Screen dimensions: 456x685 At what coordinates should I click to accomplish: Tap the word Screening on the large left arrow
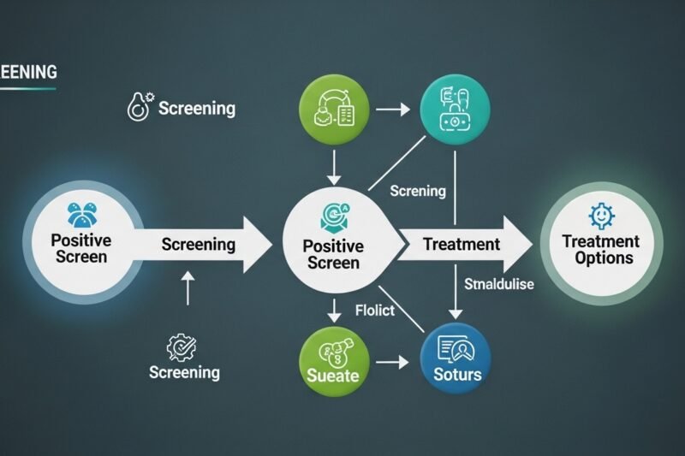click(x=197, y=245)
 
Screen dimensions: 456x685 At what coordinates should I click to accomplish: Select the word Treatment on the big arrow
click(x=462, y=245)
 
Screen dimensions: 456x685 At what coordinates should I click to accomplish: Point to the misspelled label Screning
click(x=418, y=191)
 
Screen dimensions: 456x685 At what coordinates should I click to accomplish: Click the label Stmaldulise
click(x=498, y=284)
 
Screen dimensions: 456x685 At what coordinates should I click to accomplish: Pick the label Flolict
click(x=374, y=310)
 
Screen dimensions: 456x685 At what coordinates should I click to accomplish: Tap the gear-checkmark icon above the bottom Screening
click(x=182, y=347)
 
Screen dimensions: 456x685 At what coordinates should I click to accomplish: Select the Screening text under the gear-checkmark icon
click(x=184, y=372)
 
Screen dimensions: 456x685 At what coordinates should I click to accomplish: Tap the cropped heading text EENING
click(x=27, y=73)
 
